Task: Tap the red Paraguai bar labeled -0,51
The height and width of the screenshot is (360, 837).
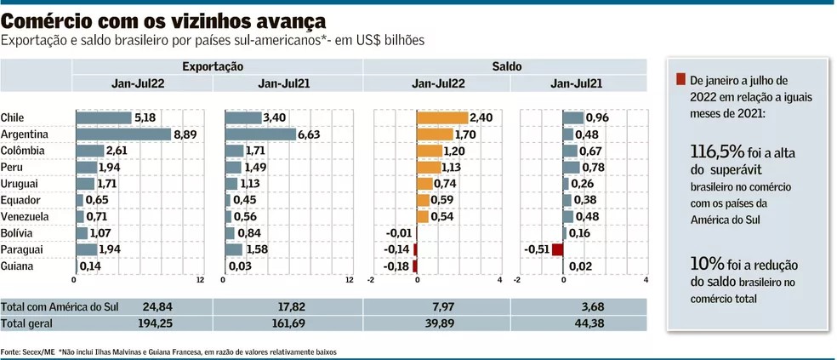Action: coord(558,249)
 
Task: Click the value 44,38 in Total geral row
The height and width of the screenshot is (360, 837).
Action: coord(578,324)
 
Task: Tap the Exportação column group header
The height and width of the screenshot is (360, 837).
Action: coord(213,66)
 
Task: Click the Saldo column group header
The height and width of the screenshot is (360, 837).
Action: coord(506,66)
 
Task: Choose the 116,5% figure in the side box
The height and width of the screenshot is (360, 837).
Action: coord(717,151)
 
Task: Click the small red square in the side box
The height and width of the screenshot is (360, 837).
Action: coord(680,80)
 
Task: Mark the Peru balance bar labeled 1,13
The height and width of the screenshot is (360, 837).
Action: coord(430,167)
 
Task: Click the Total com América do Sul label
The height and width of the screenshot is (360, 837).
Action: coord(48,306)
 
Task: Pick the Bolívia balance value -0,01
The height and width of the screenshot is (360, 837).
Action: coord(399,233)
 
